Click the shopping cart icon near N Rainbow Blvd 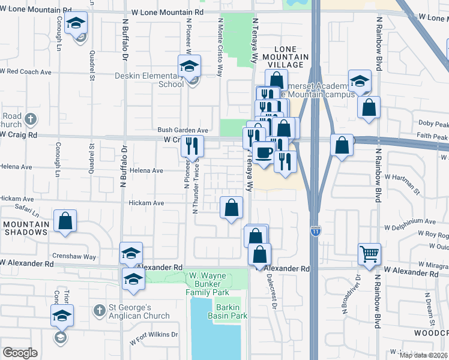(369, 254)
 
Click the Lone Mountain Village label (291, 56)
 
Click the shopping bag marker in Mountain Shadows (65, 221)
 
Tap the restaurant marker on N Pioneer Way (192, 146)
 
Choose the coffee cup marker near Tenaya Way (262, 152)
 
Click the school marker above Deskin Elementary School (190, 66)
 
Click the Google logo (20, 352)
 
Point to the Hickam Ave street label (146, 203)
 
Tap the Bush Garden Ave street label (182, 130)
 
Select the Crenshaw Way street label (74, 256)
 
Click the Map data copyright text (424, 355)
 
